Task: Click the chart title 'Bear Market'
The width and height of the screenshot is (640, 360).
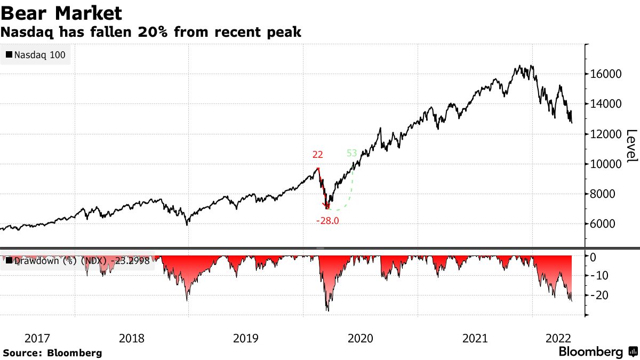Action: pyautogui.click(x=61, y=13)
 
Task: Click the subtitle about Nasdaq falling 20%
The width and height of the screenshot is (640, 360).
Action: pyautogui.click(x=151, y=33)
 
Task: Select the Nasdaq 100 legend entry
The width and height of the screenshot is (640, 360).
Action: pyautogui.click(x=36, y=54)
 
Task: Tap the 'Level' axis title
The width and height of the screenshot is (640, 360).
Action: pyautogui.click(x=631, y=146)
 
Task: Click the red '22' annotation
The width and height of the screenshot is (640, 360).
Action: pyautogui.click(x=318, y=155)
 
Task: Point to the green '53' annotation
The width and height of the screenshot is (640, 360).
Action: pyautogui.click(x=352, y=153)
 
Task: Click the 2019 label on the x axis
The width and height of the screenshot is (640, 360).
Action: pyautogui.click(x=246, y=338)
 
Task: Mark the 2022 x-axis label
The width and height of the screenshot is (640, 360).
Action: pyautogui.click(x=558, y=338)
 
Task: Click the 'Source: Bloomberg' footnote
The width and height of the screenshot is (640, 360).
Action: pyautogui.click(x=52, y=353)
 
